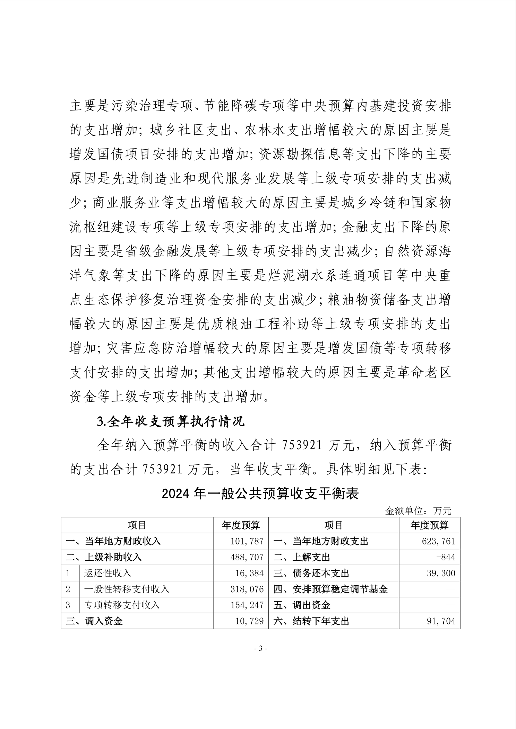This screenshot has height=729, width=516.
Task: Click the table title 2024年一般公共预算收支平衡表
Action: click(x=260, y=494)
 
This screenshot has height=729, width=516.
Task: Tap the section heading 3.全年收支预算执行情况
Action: click(x=171, y=421)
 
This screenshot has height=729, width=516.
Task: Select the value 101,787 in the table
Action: click(x=247, y=541)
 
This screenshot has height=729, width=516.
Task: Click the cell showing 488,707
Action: click(x=247, y=557)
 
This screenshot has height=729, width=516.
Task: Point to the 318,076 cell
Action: click(x=247, y=589)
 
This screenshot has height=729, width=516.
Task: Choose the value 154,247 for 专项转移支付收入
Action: click(x=247, y=605)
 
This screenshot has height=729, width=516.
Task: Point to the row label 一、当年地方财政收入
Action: click(x=113, y=541)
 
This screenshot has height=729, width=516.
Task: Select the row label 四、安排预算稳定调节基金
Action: click(x=330, y=589)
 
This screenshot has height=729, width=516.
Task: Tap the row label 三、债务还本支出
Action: click(x=311, y=573)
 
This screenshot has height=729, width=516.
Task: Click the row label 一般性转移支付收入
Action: click(x=127, y=589)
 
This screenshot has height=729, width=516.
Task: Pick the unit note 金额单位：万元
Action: click(x=418, y=510)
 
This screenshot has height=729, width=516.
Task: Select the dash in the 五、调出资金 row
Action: click(x=450, y=605)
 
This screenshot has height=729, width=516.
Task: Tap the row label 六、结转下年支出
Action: click(x=311, y=621)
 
